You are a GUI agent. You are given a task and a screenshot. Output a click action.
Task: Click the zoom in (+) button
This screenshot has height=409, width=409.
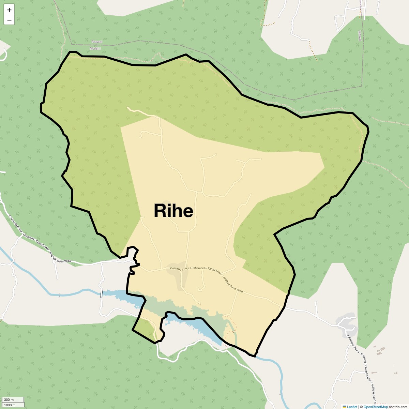click(x=9, y=10)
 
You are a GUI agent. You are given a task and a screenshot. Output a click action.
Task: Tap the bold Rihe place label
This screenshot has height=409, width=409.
click(x=173, y=211)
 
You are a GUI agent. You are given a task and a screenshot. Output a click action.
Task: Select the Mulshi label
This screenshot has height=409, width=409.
click(x=95, y=48)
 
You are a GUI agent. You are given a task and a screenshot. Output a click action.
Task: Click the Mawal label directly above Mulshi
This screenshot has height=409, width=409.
click(x=97, y=42)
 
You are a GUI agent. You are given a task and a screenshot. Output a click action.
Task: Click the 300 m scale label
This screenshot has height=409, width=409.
click(x=9, y=399)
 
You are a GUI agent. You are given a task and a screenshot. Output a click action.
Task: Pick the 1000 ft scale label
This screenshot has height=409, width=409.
click(x=10, y=405)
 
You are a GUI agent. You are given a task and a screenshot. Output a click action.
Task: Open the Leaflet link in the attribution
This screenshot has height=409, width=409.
click(x=352, y=407)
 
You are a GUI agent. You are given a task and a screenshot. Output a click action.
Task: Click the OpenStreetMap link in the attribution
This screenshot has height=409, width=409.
click(x=376, y=407)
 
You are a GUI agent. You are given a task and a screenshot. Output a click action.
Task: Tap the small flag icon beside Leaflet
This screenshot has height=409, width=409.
click(x=344, y=407)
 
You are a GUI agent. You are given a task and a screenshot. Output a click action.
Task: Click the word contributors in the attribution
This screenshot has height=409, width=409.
click(x=398, y=407)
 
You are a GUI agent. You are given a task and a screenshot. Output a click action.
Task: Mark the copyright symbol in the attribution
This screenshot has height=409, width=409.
click(x=361, y=407)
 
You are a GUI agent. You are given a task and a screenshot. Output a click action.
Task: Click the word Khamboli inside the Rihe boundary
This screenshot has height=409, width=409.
click(x=199, y=268)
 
